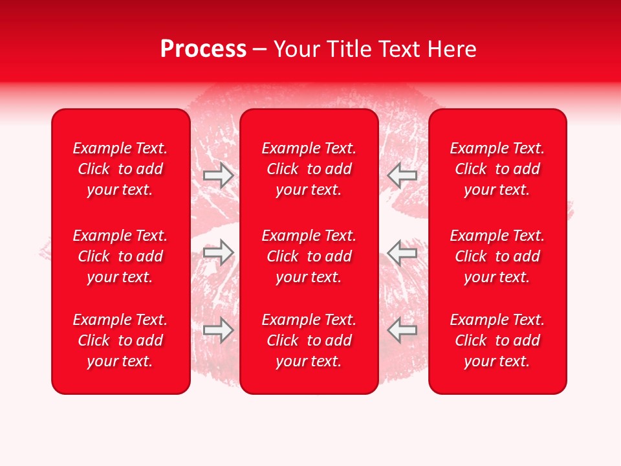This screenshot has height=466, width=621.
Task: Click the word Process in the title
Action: [203, 49]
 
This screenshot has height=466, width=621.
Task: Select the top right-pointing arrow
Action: [218, 175]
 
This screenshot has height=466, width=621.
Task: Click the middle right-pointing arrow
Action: [218, 252]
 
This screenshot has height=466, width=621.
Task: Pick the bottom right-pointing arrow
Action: [218, 330]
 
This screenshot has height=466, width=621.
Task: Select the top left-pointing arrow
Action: [402, 175]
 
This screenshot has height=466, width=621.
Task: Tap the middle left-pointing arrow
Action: [402, 252]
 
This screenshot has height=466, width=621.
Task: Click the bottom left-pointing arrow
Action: [402, 330]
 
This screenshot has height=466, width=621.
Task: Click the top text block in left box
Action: [120, 169]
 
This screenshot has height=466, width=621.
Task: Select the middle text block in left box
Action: [120, 256]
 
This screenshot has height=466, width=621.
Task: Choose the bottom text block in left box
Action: [120, 340]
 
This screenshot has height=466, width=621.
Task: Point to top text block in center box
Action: [309, 169]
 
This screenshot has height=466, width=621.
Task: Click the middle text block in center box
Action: [309, 256]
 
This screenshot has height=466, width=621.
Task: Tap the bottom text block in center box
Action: [309, 340]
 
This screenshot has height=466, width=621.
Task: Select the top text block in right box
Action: [497, 169]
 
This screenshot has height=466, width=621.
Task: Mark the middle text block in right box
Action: [497, 256]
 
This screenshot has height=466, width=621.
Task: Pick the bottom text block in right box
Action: [497, 340]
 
